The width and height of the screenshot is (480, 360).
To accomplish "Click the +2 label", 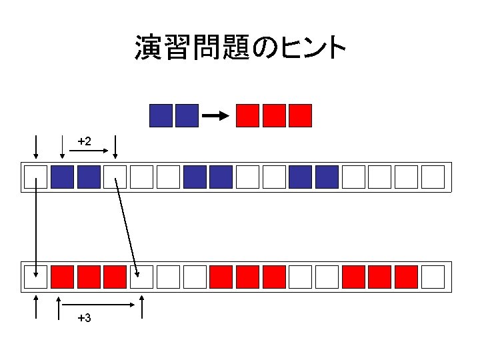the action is point(84,141).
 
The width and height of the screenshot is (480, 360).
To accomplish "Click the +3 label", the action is point(84,318).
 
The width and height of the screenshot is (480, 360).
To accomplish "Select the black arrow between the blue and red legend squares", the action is point(215,116).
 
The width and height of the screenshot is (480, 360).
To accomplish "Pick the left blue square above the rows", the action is point(161,115).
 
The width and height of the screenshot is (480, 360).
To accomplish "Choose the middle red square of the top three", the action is point(275,115).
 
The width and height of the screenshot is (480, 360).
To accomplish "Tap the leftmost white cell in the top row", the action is point(35,177).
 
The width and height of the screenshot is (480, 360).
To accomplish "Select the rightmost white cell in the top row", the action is point(433,177).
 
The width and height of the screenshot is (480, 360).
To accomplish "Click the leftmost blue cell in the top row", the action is point(62,177).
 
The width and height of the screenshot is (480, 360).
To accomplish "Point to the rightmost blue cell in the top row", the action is point(327,177).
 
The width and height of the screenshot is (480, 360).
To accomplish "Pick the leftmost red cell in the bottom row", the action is point(62,276).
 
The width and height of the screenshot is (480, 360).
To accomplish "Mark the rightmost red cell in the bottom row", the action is point(407,276).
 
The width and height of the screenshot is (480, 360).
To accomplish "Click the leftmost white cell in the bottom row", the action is point(35,276).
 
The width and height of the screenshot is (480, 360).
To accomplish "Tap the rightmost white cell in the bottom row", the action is point(433,276).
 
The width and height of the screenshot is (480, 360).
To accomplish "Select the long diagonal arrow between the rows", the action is point(127,227).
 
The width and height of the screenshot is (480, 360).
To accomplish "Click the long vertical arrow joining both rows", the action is point(35,227).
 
